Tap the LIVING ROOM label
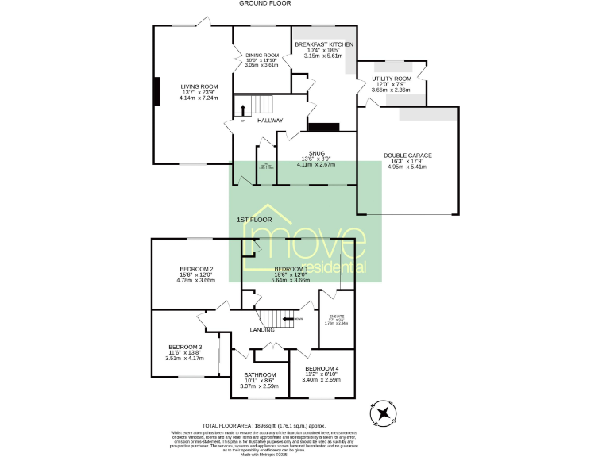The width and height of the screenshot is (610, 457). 199,86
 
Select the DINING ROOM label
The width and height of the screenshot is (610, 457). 261,55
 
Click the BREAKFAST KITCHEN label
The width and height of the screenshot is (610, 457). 323,44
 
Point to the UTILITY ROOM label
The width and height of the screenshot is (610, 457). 392,79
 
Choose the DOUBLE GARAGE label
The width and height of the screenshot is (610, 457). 407,156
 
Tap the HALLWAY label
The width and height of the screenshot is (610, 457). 270,121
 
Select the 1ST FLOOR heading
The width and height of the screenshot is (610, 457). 254,218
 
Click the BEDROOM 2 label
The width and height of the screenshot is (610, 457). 196,269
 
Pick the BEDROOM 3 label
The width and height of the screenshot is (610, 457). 185,347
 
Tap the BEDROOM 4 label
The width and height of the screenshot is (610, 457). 321,368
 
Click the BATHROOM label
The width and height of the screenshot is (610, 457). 260,374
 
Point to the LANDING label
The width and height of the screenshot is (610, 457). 262,329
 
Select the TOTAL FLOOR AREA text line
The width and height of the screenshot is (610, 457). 262,425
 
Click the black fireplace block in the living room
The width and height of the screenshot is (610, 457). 156,86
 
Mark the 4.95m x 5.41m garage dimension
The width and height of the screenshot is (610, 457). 407,167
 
